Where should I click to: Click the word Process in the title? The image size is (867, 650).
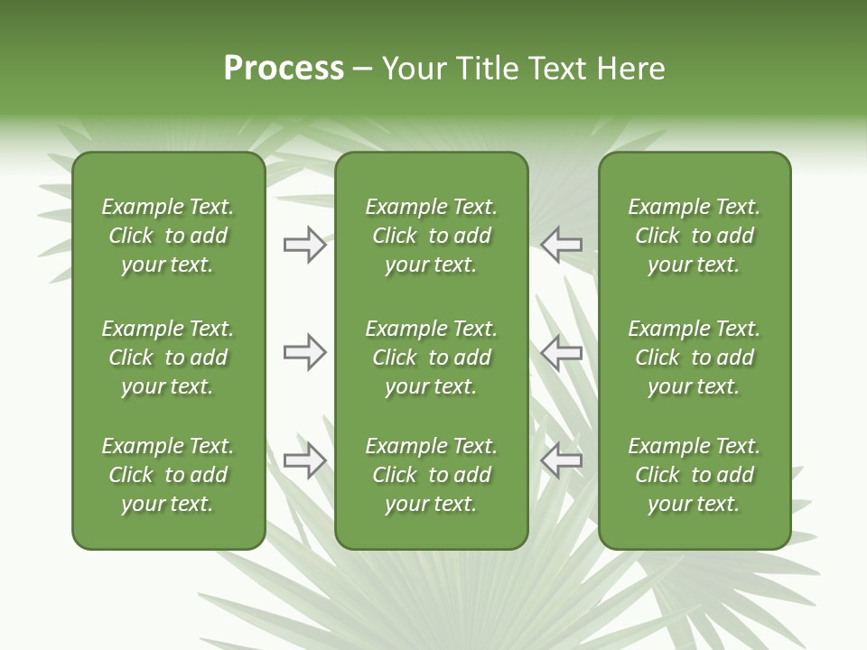point(284,69)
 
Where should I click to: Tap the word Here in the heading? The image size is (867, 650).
point(631,69)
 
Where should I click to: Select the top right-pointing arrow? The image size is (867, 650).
point(304,245)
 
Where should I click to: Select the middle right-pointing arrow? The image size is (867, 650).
point(304,352)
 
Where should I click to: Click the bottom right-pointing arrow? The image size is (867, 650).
point(304,460)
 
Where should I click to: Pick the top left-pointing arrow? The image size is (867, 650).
point(562,245)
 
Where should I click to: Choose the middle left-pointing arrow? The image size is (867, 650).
point(562,352)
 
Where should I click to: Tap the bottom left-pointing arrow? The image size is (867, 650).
point(562,460)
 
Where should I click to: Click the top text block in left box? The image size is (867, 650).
point(168,236)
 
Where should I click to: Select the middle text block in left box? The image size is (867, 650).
point(168,357)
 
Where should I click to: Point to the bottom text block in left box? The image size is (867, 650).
point(168,475)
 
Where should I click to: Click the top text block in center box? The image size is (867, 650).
point(431,236)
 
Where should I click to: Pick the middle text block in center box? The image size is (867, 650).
point(431,357)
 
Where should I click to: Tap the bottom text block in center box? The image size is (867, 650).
point(431,475)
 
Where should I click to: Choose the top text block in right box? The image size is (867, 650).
point(694,236)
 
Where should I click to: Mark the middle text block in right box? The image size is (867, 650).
point(694,357)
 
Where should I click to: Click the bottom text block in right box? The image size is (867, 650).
point(694,475)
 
